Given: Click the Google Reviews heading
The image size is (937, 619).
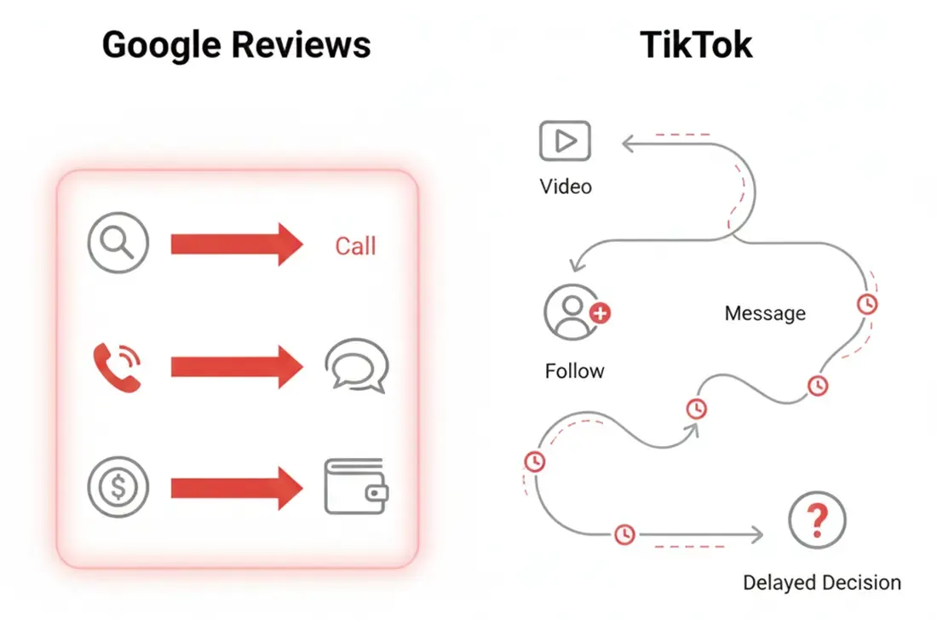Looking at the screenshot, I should coord(236,44).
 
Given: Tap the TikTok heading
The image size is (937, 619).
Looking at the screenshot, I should coord(696,44).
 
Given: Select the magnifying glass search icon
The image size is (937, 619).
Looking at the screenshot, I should coord(118,244).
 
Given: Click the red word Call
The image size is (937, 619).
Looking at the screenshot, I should coord(355,246).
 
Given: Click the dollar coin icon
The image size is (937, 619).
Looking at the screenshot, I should coord(118,488).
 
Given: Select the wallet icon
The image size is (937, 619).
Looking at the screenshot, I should coord(356,487).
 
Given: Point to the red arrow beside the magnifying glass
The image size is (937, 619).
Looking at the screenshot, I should coord(237,244).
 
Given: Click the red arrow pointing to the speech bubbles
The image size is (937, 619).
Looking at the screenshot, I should coord(237,366).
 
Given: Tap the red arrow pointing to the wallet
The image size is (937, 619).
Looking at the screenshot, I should coord(237,488).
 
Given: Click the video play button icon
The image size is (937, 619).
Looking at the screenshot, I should coord(565,141).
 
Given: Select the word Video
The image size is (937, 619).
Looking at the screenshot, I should coord(566,186).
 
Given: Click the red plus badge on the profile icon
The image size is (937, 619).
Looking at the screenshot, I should coord(601,313).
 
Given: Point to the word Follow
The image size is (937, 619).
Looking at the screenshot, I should coord(574,371).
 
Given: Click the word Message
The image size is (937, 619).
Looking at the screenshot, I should coord(765,313).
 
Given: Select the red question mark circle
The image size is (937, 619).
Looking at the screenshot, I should coord(817,519).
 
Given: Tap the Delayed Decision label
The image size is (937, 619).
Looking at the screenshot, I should coord(822,583).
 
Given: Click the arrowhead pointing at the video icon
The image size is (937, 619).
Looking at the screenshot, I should coord(629,146).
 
